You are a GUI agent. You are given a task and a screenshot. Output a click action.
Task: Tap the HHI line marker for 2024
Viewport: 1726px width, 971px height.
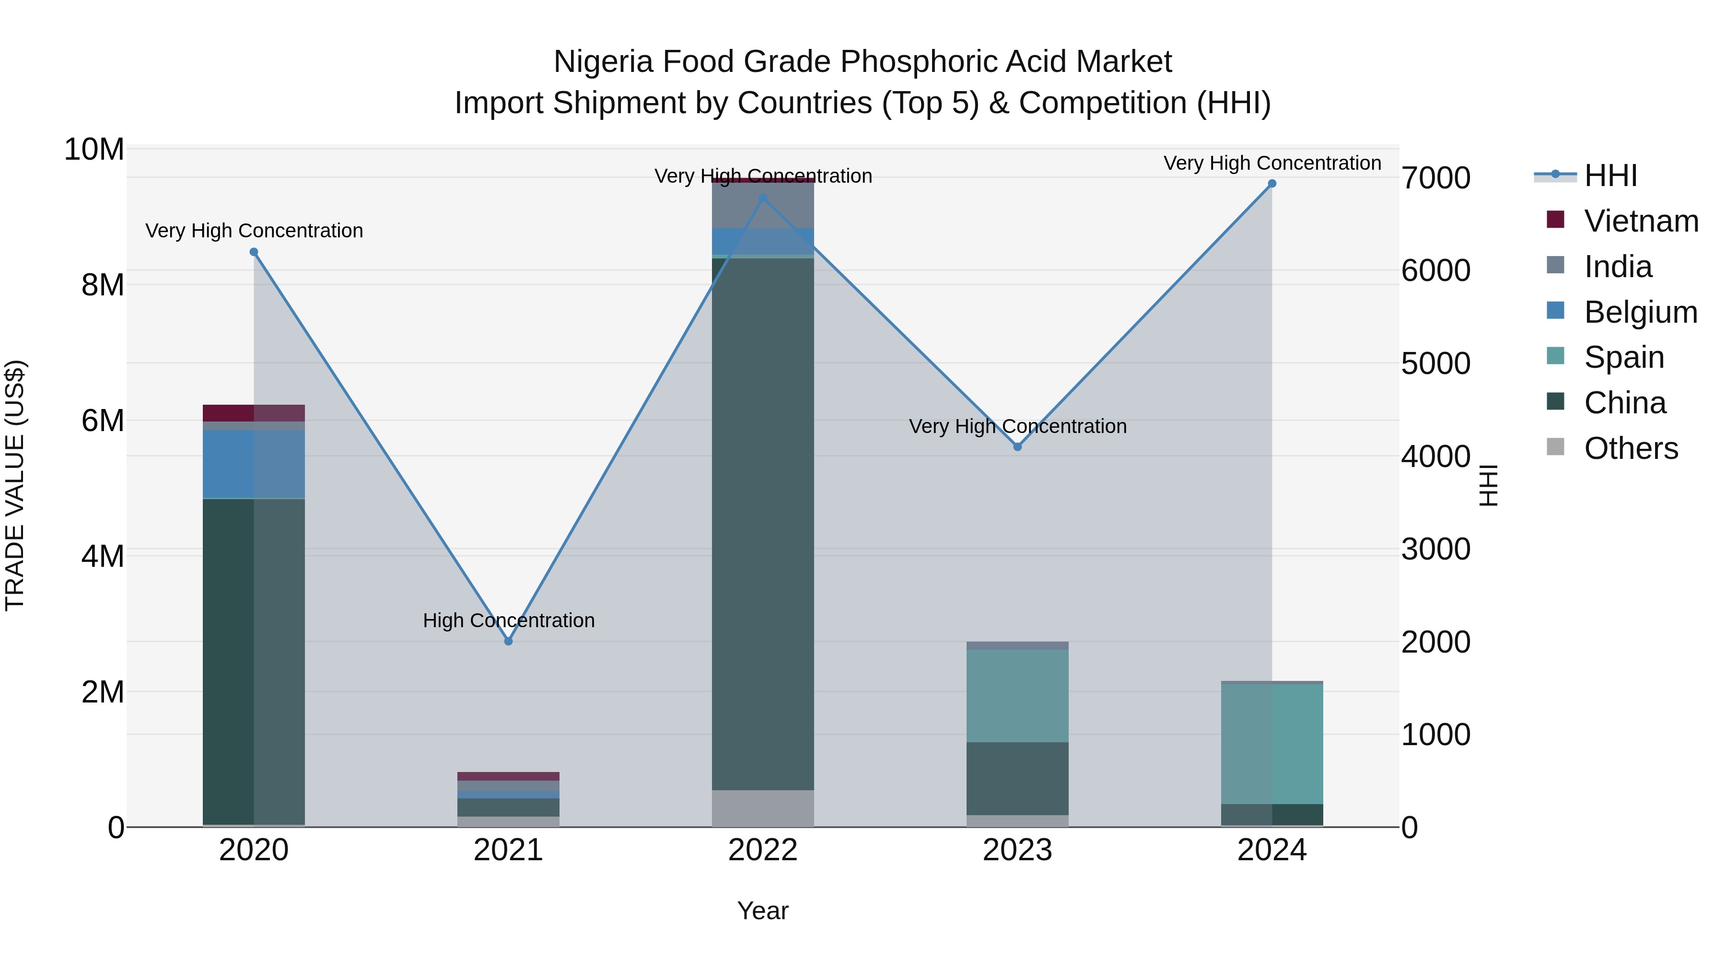point(1271,184)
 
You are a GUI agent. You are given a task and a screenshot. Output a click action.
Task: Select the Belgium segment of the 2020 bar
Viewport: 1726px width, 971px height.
point(254,464)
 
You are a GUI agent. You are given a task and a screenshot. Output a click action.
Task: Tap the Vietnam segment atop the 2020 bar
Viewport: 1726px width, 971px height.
point(254,413)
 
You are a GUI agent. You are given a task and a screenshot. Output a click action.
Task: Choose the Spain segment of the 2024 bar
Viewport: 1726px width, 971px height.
point(1271,744)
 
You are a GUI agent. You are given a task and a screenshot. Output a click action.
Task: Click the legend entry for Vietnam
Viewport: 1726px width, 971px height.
point(1641,221)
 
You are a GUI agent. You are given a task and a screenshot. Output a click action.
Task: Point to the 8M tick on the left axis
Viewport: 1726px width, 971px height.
point(103,285)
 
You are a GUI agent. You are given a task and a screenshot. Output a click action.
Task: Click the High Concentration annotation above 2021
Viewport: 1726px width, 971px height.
point(509,620)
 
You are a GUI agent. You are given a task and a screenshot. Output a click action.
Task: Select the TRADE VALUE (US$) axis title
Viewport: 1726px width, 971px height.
point(15,485)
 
